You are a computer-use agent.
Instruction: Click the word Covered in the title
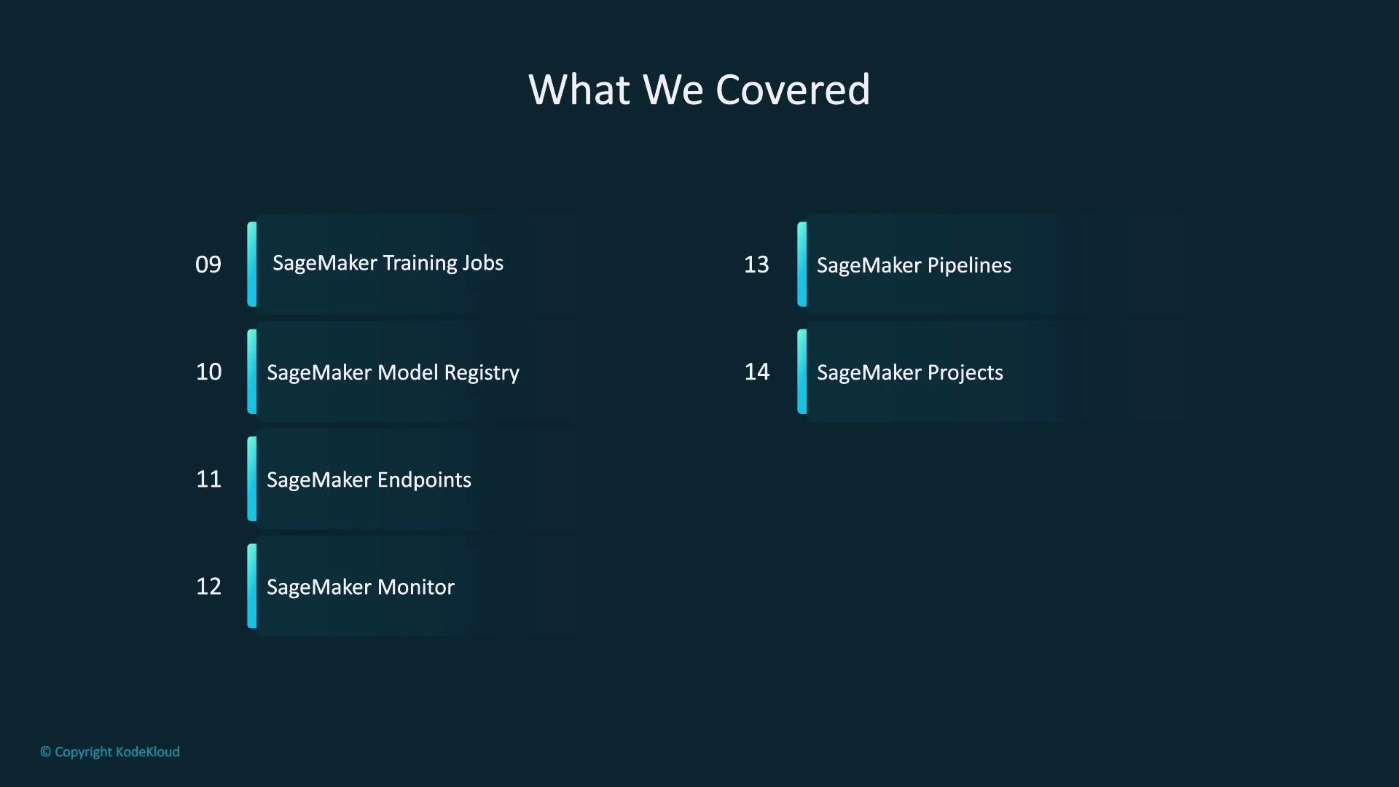tap(793, 90)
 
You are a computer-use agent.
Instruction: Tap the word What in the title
tap(579, 90)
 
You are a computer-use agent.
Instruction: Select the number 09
tap(208, 264)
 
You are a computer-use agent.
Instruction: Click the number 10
tap(208, 372)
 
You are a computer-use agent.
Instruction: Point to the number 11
tap(208, 479)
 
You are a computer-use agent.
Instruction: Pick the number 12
tap(208, 586)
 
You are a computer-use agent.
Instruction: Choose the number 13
tap(756, 264)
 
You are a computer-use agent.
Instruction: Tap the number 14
tap(756, 372)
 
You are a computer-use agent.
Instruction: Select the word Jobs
tap(482, 263)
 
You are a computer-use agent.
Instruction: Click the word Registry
tap(482, 373)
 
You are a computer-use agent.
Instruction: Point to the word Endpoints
tap(424, 479)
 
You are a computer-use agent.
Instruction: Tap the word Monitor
tap(416, 587)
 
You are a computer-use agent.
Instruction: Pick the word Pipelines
tap(969, 265)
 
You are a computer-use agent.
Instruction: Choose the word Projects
tap(965, 373)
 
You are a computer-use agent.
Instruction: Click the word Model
tap(408, 372)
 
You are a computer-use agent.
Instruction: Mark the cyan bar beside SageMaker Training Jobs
tap(252, 264)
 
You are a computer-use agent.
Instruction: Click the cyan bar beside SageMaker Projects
tap(802, 372)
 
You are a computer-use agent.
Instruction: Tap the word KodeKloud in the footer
tap(148, 751)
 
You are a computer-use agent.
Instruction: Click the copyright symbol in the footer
tap(45, 751)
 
